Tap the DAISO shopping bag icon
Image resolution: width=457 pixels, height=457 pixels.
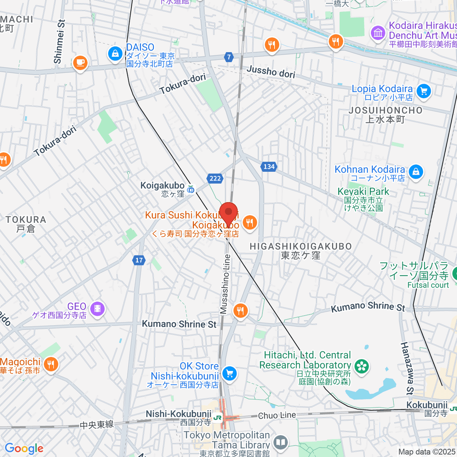(115, 53)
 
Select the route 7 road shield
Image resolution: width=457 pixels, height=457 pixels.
(228, 57)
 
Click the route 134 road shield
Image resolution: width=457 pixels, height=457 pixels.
(269, 166)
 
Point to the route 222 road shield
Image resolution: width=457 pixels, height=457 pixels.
(215, 178)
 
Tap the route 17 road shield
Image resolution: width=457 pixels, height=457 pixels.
(139, 260)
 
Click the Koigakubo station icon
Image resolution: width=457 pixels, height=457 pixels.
(191, 189)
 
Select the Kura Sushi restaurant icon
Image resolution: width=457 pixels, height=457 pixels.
(249, 222)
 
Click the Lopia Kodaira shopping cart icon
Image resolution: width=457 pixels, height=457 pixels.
(423, 91)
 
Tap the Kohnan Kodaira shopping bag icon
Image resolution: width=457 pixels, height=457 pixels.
(416, 171)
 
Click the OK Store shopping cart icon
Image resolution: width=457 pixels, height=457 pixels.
(229, 374)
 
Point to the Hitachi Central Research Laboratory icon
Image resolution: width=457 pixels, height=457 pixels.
(361, 366)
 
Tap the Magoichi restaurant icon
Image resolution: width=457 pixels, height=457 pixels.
(50, 364)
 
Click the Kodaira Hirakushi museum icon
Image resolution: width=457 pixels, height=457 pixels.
(378, 33)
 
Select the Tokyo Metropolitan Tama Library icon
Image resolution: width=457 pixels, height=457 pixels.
(281, 442)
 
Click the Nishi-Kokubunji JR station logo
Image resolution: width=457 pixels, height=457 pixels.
(217, 418)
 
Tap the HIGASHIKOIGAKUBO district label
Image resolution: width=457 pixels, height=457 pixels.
(300, 246)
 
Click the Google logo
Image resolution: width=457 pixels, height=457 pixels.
(24, 448)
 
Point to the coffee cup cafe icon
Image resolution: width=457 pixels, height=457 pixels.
(80, 62)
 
